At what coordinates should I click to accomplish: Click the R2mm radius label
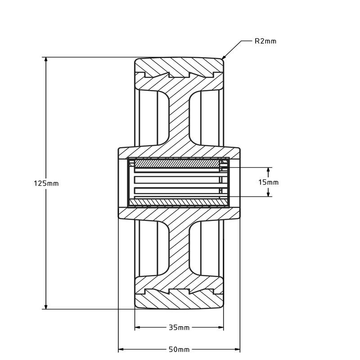(265, 41)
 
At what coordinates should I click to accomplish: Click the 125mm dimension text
(46, 184)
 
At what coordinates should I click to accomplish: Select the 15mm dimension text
(269, 182)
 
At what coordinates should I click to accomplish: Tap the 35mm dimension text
(179, 327)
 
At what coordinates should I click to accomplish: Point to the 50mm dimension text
(179, 349)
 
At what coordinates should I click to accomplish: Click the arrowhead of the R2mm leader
(223, 58)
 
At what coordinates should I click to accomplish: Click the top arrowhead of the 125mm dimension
(46, 60)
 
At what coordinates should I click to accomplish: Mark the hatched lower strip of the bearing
(178, 201)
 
